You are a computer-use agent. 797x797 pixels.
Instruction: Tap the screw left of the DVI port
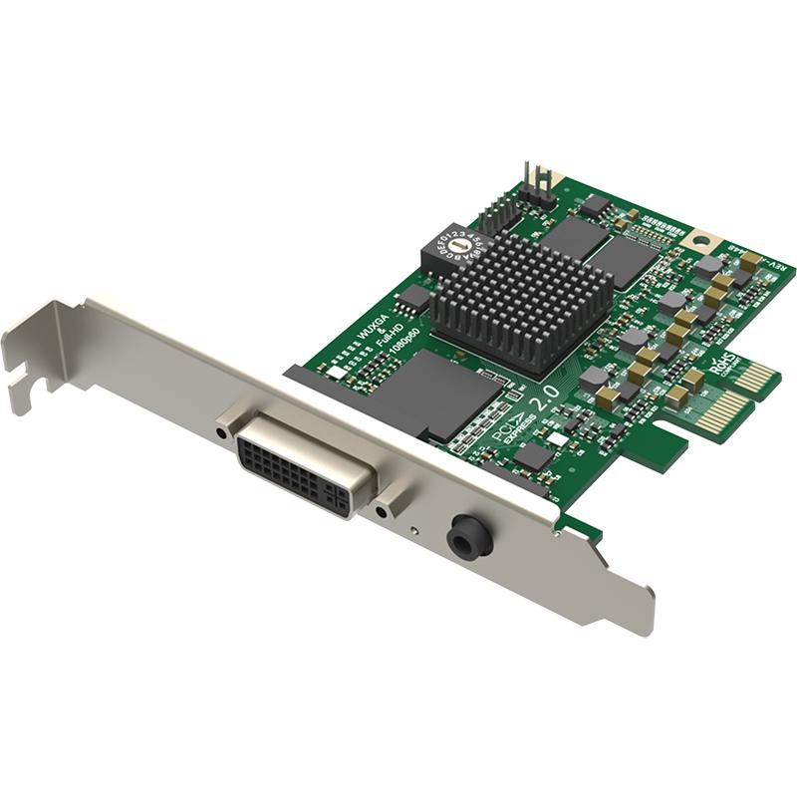[x=220, y=431]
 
